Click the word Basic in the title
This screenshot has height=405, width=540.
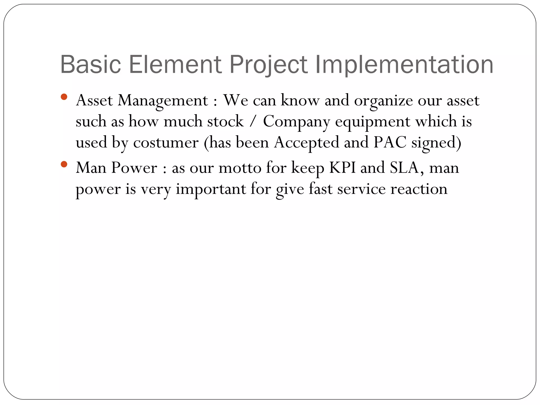pos(90,64)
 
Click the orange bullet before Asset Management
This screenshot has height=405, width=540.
pos(64,97)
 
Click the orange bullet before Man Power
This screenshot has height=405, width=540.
pos(64,165)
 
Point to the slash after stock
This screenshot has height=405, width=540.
pos(253,122)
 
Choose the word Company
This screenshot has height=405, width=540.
pos(296,122)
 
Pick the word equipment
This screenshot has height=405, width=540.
pos(373,122)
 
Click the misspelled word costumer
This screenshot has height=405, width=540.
pos(166,143)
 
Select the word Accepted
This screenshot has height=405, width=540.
pos(306,143)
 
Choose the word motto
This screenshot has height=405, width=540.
pos(240,168)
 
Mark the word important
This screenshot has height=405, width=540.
pos(211,189)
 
